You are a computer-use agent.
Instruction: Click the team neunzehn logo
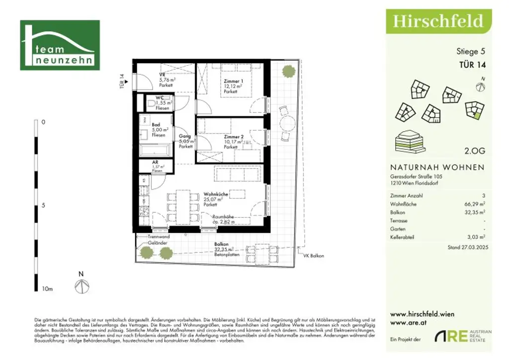tap(60, 45)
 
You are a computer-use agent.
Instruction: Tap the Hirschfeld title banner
tap(438, 21)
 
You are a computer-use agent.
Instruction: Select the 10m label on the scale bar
tap(48, 289)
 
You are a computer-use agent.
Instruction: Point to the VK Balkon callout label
tap(314, 256)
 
